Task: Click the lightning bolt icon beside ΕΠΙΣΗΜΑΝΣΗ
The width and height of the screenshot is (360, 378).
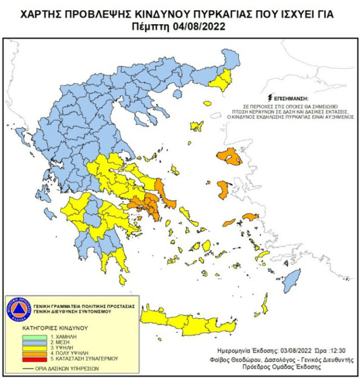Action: (269, 97)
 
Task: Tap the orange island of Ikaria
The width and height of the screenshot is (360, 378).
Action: (229, 223)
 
